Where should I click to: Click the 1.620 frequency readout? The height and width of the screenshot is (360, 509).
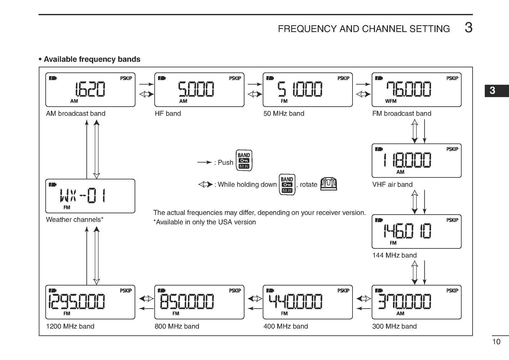click(90, 89)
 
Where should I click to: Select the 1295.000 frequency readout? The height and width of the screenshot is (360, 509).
click(77, 301)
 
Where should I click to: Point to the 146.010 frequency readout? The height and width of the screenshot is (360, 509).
click(407, 231)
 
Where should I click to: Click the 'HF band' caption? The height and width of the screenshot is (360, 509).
click(168, 114)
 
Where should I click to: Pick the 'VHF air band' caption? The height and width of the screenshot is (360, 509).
click(392, 184)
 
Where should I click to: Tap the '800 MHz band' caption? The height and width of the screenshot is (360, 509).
click(177, 326)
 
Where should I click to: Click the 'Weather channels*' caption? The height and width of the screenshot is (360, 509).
click(74, 219)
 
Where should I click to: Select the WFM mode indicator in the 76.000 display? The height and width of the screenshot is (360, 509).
click(391, 101)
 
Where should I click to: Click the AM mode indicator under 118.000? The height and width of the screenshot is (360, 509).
click(400, 172)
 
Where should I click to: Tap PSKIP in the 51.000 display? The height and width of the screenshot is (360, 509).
click(343, 78)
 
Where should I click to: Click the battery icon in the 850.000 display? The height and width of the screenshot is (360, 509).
click(162, 290)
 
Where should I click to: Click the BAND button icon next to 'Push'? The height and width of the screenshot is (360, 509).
click(244, 161)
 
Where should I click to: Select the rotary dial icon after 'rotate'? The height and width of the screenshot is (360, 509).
click(329, 184)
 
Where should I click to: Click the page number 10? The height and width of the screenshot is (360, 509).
click(496, 342)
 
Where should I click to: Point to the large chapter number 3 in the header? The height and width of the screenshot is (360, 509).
click(468, 28)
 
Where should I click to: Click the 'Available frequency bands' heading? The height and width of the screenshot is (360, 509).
click(92, 59)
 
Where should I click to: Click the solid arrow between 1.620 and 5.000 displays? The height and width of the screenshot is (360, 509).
click(146, 84)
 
